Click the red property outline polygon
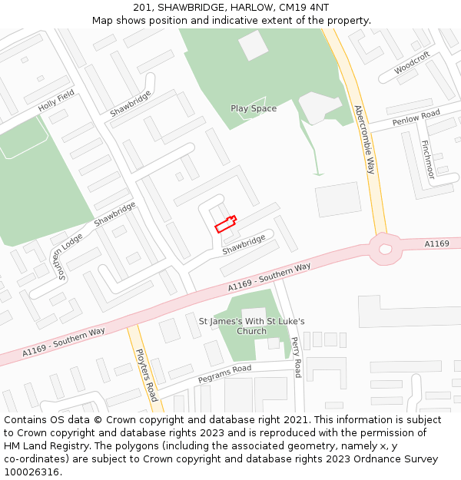pyautogui.click(x=225, y=223)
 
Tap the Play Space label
pyautogui.click(x=254, y=108)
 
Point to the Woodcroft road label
pyautogui.click(x=412, y=65)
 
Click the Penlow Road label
pyautogui.click(x=416, y=118)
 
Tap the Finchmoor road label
pyautogui.click(x=427, y=159)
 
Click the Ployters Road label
pyautogui.click(x=146, y=374)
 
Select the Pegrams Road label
pyautogui.click(x=224, y=374)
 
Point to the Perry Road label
pyautogui.click(x=297, y=357)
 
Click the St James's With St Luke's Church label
pyautogui.click(x=252, y=326)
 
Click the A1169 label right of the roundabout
pyautogui.click(x=436, y=243)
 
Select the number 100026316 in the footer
pyautogui.click(x=32, y=472)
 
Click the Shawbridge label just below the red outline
pyautogui.click(x=244, y=244)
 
